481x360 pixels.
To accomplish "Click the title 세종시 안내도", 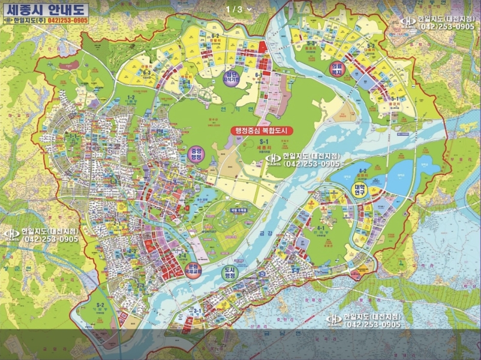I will [x=45, y=9].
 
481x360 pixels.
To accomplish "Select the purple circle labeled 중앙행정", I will [x=196, y=152].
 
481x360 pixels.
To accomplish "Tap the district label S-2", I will [x=100, y=305].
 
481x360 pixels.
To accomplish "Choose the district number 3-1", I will [x=197, y=310].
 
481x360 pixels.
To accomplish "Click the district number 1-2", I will [x=131, y=97].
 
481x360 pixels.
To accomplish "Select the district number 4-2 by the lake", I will [x=362, y=171].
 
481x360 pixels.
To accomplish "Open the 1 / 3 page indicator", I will [x=239, y=9].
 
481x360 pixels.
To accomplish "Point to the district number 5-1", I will [x=394, y=98].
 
